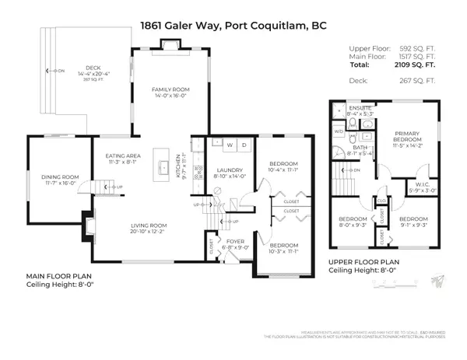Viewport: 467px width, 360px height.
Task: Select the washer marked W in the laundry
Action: pos(230,145)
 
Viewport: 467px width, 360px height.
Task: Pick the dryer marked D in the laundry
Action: pos(244,145)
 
